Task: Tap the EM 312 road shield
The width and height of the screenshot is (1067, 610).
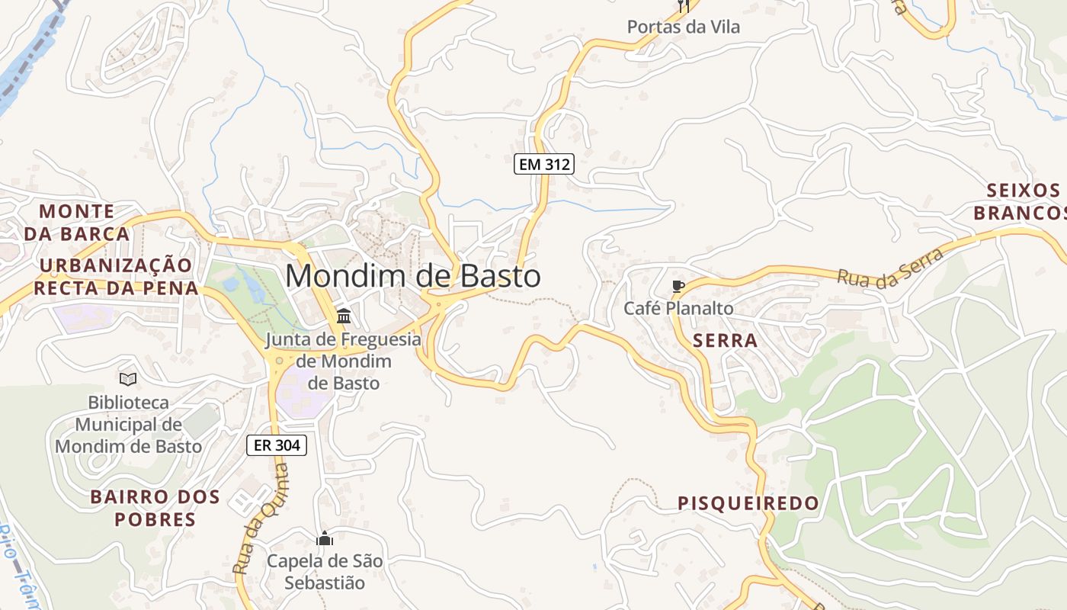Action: coord(543,164)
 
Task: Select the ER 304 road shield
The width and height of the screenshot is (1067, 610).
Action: coord(277,445)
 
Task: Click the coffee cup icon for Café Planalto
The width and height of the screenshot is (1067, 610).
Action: coord(678,287)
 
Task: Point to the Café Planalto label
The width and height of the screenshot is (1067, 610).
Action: coord(678,309)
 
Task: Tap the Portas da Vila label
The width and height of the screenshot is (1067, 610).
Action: coord(683,27)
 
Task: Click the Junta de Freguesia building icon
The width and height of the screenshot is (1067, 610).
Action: coord(344,316)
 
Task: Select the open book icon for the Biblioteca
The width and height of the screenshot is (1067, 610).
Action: coord(128,379)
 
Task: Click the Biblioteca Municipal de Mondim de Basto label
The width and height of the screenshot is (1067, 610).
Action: coord(128,424)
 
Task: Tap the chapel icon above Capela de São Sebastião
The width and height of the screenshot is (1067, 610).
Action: coord(325,539)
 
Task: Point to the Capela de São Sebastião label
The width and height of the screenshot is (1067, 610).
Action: coord(325,572)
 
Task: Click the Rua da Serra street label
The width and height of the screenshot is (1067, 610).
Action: coord(890,268)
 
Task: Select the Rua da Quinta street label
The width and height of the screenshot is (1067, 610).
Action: coord(261,518)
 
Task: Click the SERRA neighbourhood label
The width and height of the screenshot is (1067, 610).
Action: coord(726,341)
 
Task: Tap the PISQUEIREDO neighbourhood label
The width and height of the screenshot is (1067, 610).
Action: coord(748,503)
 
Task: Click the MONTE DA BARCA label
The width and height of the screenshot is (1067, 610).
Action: coord(76,222)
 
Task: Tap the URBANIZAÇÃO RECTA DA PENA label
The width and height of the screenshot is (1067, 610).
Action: coord(116,277)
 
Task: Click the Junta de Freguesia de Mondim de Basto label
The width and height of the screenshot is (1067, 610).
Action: coord(343,361)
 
